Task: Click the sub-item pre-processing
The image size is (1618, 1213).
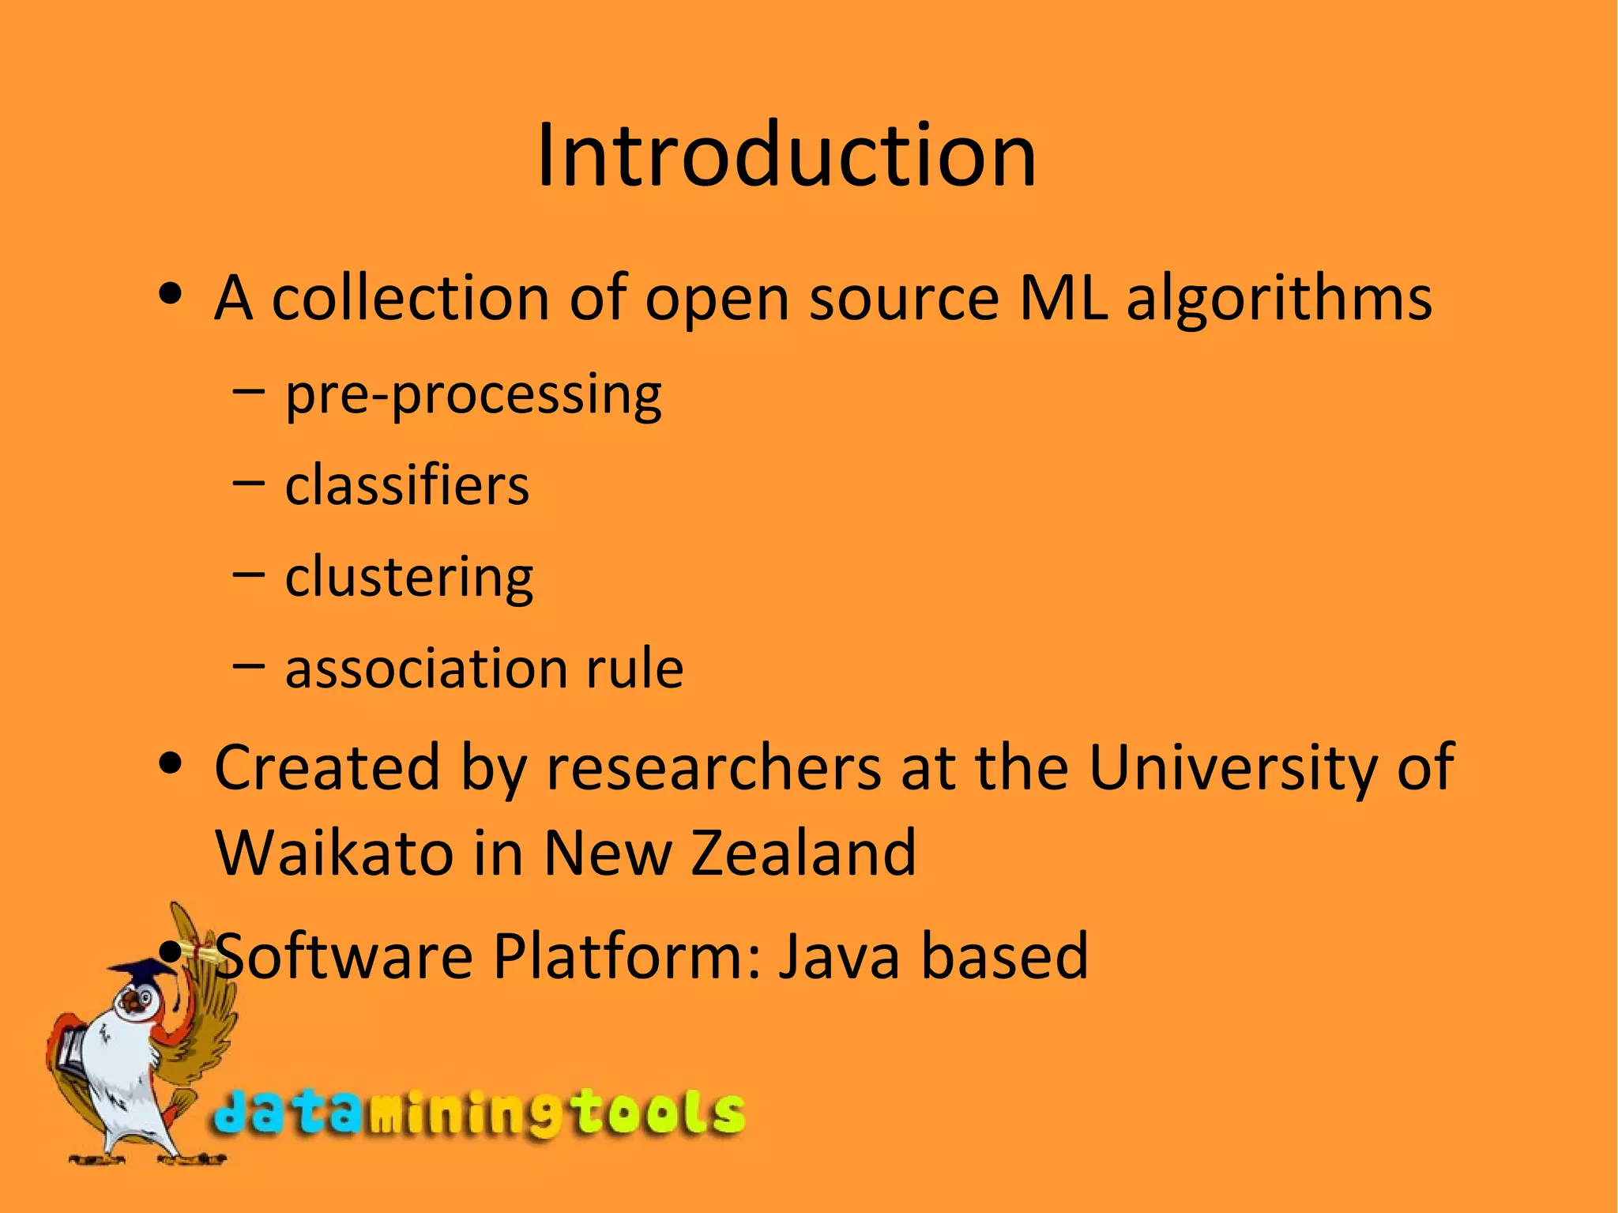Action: pyautogui.click(x=473, y=395)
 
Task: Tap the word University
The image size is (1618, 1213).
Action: pyautogui.click(x=1232, y=768)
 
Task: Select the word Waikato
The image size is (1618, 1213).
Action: pyautogui.click(x=333, y=853)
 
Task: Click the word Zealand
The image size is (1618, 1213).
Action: pyautogui.click(x=803, y=853)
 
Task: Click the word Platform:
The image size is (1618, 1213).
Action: pyautogui.click(x=628, y=956)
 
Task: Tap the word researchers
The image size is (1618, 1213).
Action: pyautogui.click(x=713, y=768)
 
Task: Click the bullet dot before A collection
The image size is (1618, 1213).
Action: pyautogui.click(x=171, y=296)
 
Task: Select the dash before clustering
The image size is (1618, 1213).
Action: pyautogui.click(x=248, y=574)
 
